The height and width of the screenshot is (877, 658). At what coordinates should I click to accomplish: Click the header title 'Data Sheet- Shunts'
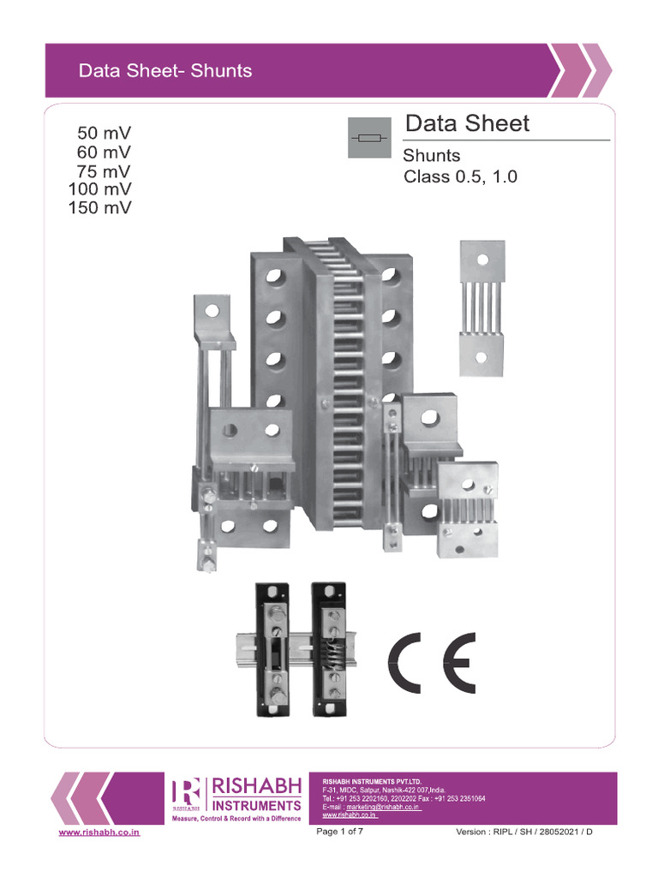164,71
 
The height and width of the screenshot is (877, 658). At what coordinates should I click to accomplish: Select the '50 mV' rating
104,134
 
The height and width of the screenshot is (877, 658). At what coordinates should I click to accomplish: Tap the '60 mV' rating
104,152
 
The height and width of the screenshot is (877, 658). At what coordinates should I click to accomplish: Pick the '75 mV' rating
104,171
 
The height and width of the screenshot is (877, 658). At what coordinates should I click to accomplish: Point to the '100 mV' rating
100,188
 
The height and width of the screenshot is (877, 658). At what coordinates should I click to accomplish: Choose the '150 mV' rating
100,207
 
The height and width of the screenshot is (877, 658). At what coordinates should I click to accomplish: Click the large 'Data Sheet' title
467,123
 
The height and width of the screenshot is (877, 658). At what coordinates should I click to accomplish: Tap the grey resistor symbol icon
369,138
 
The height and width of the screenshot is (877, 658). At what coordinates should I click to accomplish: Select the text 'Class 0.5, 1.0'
460,178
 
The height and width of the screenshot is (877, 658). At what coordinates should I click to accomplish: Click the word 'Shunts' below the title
431,156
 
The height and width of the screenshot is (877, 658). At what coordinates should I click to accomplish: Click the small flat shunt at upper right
482,307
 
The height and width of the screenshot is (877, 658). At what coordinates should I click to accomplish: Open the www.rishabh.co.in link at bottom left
99,832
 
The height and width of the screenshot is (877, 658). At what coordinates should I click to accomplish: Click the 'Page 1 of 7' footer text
340,832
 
